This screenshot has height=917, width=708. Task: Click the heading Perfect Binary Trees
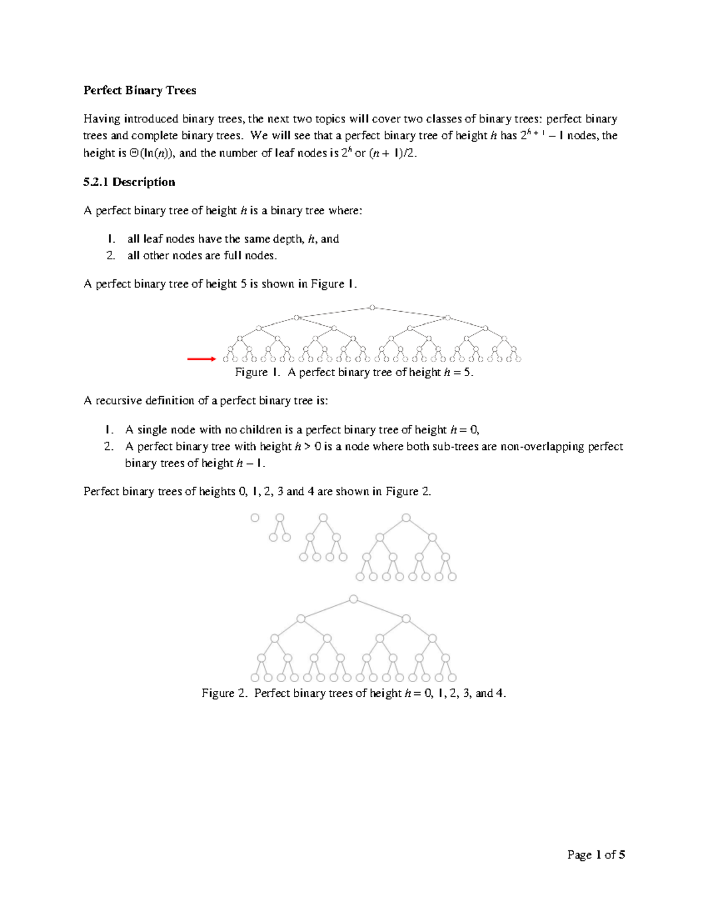point(139,90)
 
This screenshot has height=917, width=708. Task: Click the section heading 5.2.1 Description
point(129,182)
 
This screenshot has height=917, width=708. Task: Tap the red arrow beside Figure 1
point(201,358)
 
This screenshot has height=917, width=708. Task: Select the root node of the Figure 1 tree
point(372,307)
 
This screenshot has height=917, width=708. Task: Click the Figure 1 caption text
point(354,373)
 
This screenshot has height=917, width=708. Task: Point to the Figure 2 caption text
point(354,693)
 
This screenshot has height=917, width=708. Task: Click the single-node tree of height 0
point(255,518)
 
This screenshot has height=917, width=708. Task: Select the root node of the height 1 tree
point(280,518)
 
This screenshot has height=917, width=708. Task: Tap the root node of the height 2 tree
point(323,518)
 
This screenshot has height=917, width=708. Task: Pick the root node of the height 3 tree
point(406,518)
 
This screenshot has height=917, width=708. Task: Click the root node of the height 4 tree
point(353,599)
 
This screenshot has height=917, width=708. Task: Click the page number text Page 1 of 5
point(596,854)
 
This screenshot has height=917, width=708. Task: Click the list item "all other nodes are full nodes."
point(202,256)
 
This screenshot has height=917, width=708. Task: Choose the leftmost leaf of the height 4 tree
point(255,678)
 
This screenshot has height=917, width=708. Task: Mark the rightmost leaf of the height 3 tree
point(452,577)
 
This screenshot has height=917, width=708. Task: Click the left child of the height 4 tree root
point(301,619)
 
